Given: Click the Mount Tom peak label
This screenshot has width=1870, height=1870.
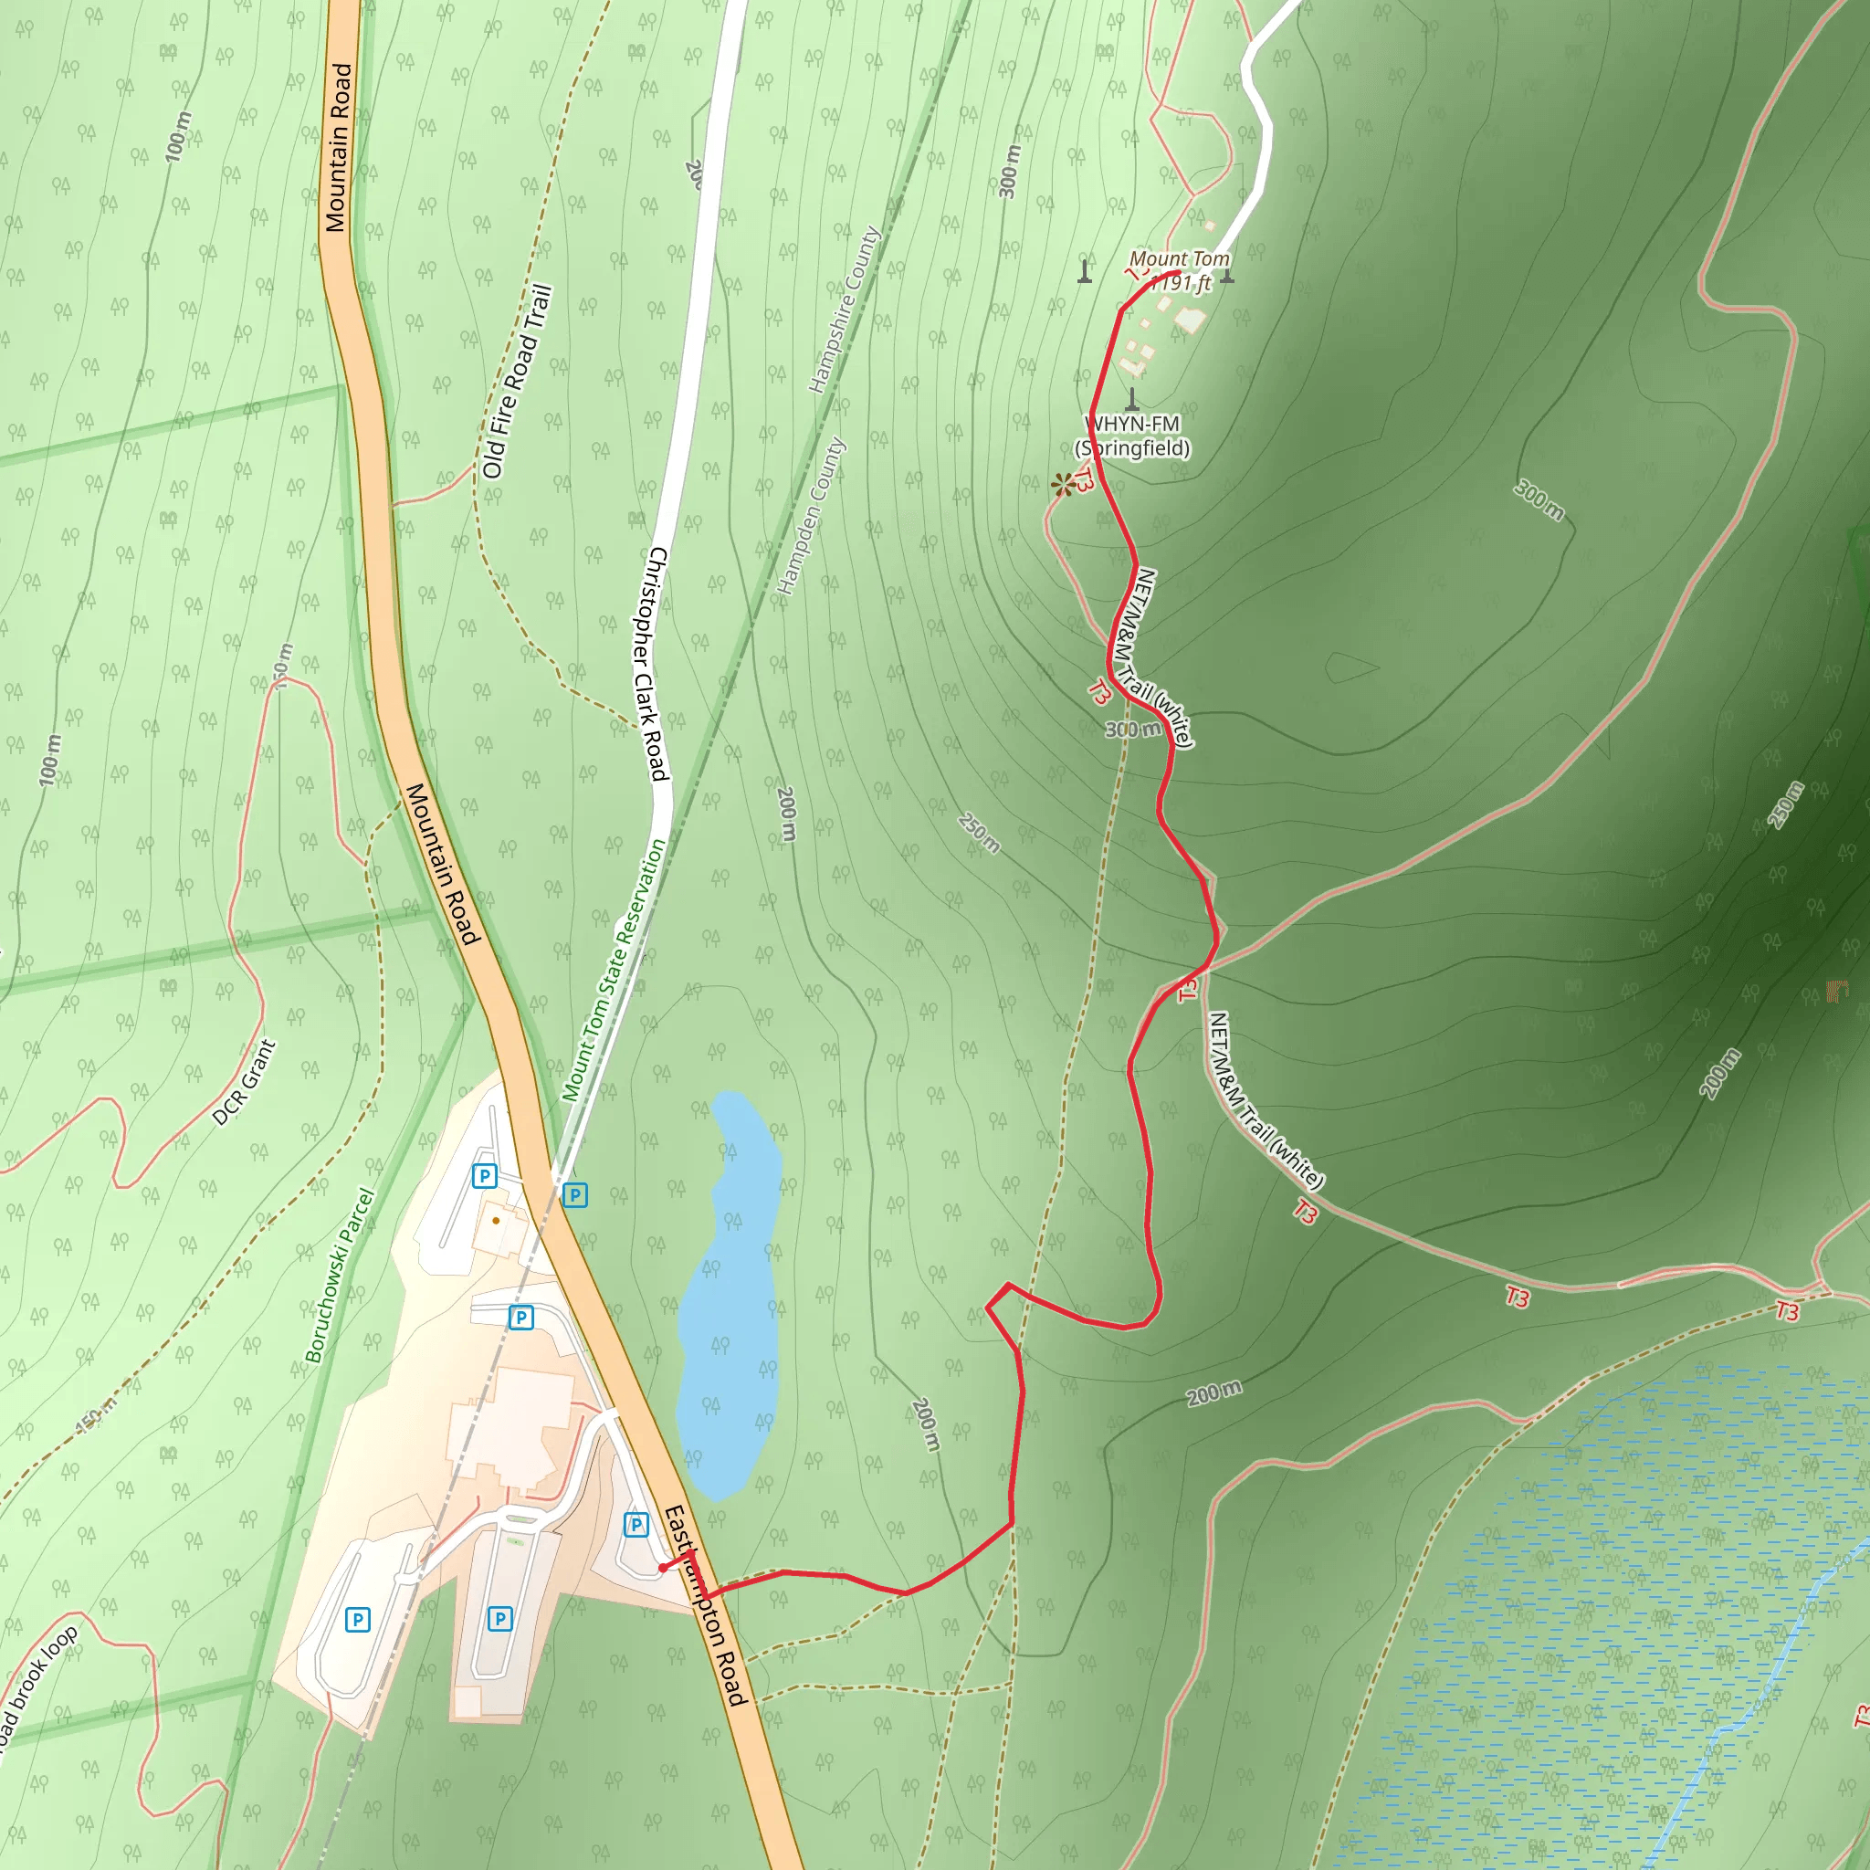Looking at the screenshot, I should [1179, 270].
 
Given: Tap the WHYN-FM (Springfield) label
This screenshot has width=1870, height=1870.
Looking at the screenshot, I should [1132, 436].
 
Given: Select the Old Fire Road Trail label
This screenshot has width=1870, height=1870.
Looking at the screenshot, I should [516, 382].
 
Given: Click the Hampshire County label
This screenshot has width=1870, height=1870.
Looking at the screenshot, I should [845, 309].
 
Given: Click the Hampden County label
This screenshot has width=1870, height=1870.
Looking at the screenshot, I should [811, 515].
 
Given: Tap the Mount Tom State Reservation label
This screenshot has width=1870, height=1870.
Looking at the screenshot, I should [614, 970].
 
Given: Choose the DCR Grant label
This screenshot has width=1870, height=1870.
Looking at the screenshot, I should [244, 1082].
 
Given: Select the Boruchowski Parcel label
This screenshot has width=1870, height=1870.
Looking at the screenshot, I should [339, 1275].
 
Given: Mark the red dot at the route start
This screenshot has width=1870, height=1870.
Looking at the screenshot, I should [662, 1568].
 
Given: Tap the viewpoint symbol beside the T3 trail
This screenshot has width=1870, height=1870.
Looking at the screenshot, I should [1062, 484].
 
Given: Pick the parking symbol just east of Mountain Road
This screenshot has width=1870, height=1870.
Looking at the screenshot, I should [575, 1194].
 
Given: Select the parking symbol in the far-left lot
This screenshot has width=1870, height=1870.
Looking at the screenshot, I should [357, 1619].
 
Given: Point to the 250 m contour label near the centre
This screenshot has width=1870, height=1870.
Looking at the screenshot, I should [979, 833].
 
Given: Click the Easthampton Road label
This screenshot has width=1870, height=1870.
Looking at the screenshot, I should [706, 1606].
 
